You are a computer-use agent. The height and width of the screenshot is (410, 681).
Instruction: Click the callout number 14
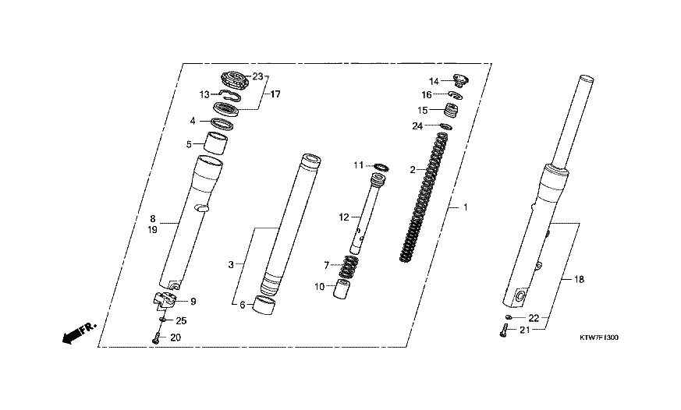click(434, 81)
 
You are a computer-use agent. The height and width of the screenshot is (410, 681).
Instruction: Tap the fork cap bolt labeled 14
click(461, 80)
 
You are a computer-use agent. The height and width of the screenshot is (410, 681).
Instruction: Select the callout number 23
click(258, 76)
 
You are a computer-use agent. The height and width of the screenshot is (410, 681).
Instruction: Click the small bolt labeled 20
click(156, 338)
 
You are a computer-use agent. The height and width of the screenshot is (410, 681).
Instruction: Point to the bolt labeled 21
click(504, 330)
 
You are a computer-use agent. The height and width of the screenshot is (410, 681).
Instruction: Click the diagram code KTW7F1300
click(598, 338)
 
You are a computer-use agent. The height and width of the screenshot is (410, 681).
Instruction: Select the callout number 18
click(580, 279)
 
